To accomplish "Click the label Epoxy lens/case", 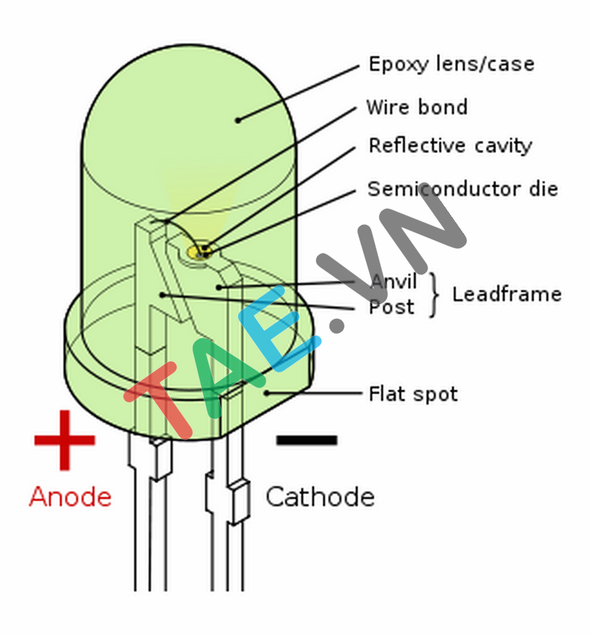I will click(451, 65).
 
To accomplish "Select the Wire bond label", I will click(417, 107).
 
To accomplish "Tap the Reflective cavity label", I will click(450, 146).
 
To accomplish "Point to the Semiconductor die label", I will click(462, 189).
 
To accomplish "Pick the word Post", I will click(391, 307).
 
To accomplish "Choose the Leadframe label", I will click(506, 294).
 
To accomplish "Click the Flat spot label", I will click(413, 394).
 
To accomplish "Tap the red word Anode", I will click(70, 497).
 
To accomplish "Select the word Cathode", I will click(320, 497).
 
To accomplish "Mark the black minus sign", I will click(307, 440).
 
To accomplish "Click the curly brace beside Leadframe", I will click(435, 295).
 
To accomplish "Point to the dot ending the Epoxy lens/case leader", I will click(238, 120).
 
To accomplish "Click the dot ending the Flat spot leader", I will click(267, 393).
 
